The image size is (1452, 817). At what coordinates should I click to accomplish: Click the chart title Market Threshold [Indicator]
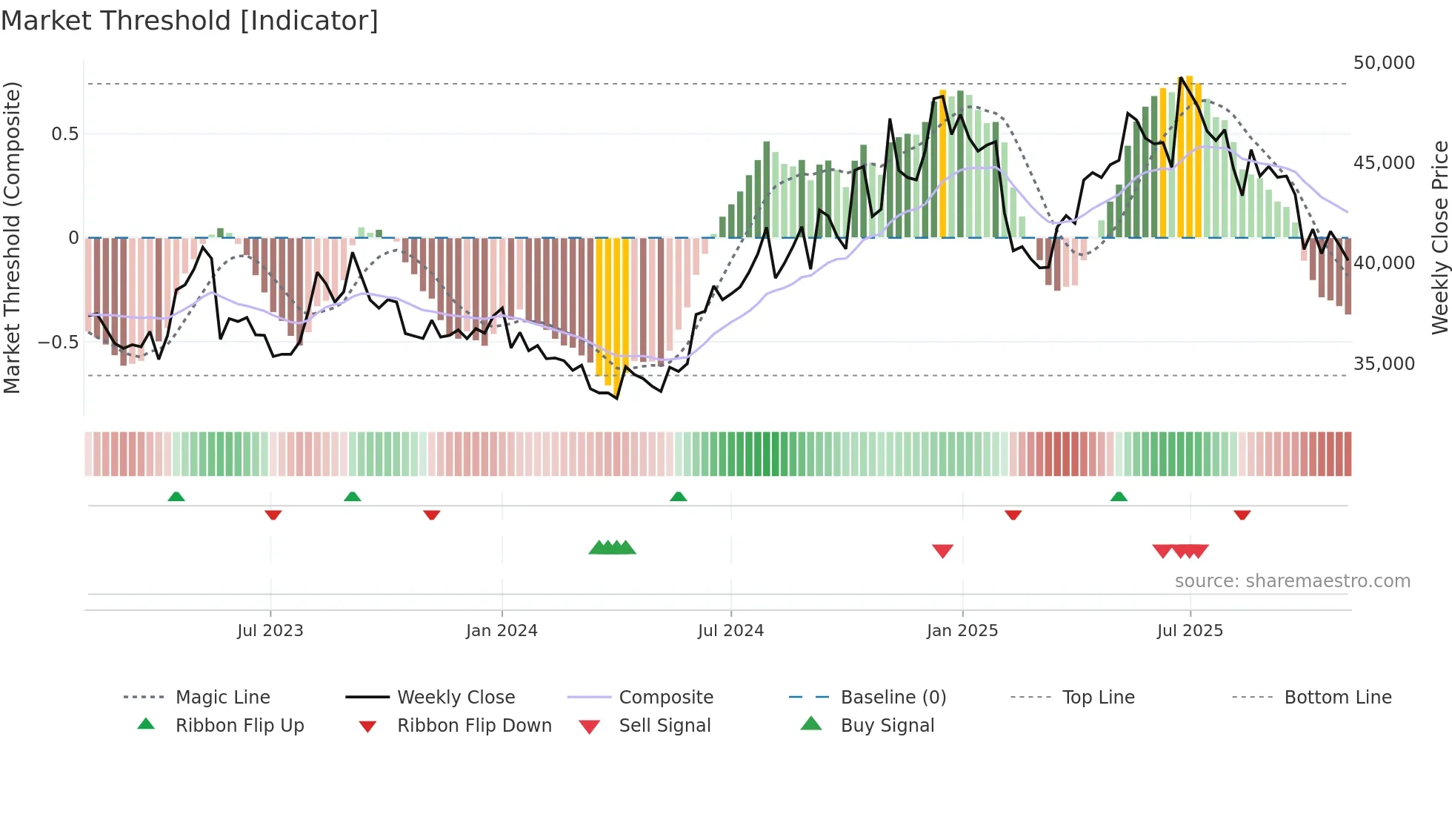[190, 21]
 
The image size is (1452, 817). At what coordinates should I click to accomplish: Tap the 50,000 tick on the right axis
[1384, 63]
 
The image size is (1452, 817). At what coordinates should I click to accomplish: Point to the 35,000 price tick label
[1384, 364]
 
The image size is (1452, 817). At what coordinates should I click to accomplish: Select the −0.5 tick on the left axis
[58, 343]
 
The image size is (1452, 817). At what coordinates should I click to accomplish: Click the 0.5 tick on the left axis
[64, 134]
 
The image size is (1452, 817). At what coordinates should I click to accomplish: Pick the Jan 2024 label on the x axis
[502, 631]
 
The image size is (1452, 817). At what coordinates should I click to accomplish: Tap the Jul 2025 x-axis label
[1190, 631]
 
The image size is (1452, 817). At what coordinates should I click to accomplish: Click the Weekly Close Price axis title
[1439, 237]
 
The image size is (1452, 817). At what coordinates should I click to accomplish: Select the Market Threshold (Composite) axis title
[12, 237]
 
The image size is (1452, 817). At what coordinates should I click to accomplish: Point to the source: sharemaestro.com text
[1292, 581]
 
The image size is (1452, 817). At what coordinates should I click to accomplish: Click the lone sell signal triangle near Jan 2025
[942, 551]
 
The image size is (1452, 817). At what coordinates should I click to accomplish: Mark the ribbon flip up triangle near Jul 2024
[678, 497]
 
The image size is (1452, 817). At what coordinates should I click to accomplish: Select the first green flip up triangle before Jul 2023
[176, 497]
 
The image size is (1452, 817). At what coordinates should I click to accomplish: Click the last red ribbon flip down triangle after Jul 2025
[1242, 515]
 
